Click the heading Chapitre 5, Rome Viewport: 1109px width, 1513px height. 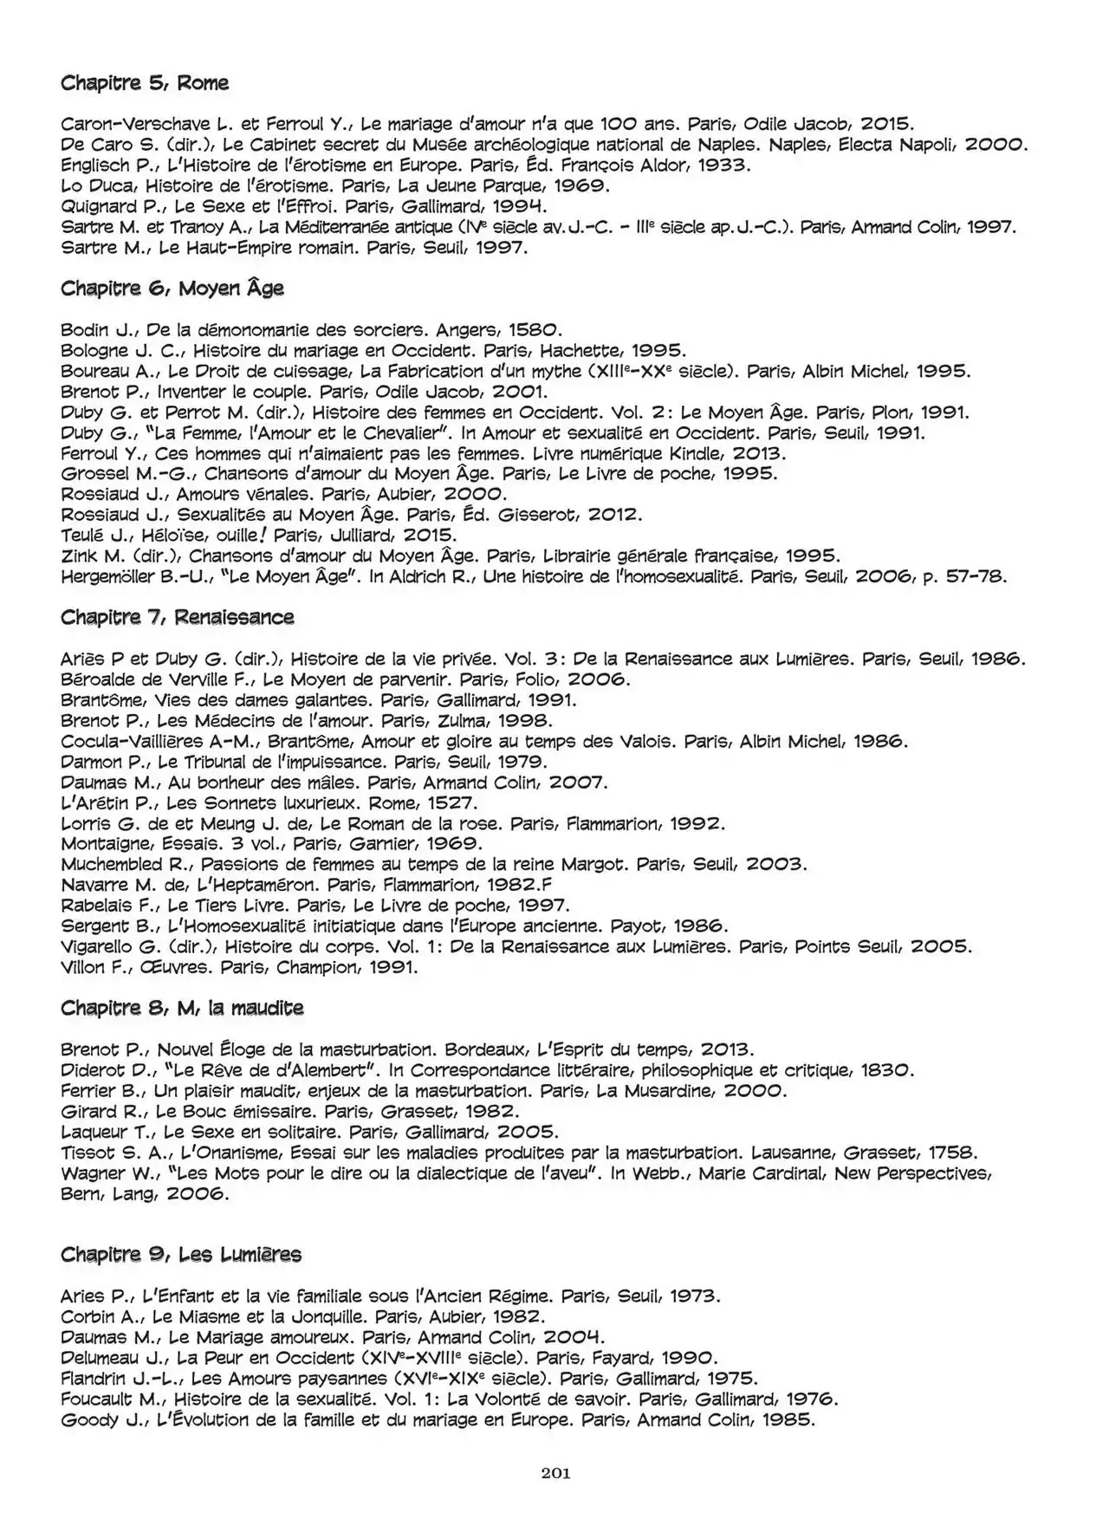coord(145,83)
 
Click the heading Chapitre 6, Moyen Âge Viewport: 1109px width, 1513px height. coord(172,289)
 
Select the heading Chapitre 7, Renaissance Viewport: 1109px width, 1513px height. coord(178,617)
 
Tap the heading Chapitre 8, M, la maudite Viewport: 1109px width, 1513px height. coord(182,1008)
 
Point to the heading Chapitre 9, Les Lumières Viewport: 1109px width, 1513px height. coord(181,1255)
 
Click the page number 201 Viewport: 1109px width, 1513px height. coord(554,1473)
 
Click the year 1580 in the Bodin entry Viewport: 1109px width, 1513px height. coord(535,330)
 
